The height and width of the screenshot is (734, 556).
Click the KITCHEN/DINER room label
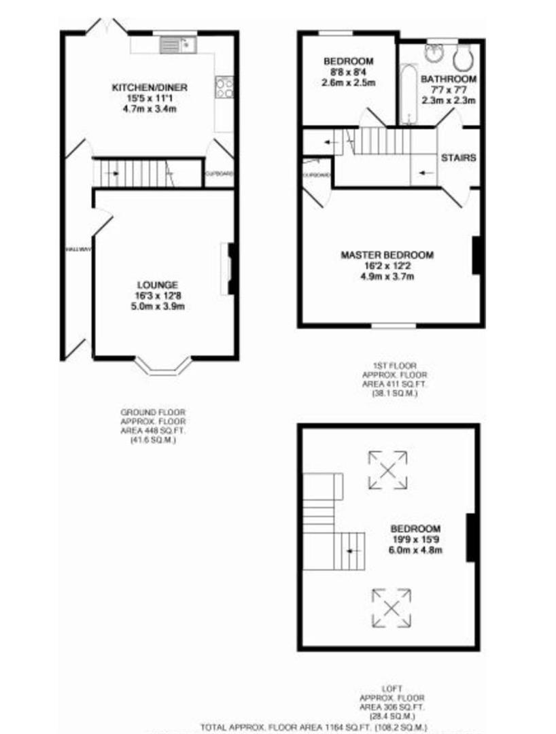click(x=150, y=88)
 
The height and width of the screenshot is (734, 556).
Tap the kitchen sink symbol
click(x=178, y=45)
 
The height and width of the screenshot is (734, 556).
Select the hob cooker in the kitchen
click(x=224, y=88)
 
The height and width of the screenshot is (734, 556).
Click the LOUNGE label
click(x=157, y=285)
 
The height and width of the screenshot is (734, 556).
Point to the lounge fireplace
click(x=230, y=269)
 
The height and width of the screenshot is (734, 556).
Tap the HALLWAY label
click(x=78, y=249)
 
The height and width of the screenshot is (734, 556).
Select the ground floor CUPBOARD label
click(x=220, y=174)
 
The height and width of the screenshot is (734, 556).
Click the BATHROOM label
click(x=449, y=79)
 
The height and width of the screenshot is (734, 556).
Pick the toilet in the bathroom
click(x=464, y=57)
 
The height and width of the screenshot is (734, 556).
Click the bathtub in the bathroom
click(x=409, y=94)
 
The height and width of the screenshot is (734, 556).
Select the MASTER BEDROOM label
click(x=387, y=255)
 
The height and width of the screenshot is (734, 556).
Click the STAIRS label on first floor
click(x=459, y=158)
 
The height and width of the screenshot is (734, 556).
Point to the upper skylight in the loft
click(x=388, y=470)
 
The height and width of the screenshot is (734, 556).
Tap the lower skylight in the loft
click(x=392, y=608)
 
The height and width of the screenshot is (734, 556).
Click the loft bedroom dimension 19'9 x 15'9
click(x=415, y=540)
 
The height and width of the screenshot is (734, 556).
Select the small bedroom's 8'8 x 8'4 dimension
click(x=347, y=72)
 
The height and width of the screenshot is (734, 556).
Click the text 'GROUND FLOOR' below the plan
click(x=153, y=413)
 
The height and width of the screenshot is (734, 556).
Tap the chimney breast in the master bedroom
click(x=476, y=255)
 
